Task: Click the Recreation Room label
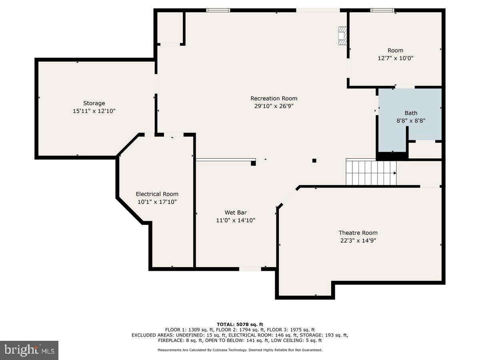pyautogui.click(x=274, y=98)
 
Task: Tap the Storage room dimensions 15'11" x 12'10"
pyautogui.click(x=94, y=111)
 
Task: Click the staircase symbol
pyautogui.click(x=371, y=173)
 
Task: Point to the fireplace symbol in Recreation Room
pyautogui.click(x=342, y=36)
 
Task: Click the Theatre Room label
pyautogui.click(x=358, y=233)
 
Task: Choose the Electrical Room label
pyautogui.click(x=157, y=194)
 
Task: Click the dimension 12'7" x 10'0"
pyautogui.click(x=395, y=58)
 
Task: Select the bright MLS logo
pyautogui.click(x=29, y=350)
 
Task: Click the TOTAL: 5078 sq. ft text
pyautogui.click(x=240, y=324)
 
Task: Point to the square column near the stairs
pyautogui.click(x=314, y=161)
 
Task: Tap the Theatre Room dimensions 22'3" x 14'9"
pyautogui.click(x=358, y=240)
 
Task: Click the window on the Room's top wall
pyautogui.click(x=382, y=10)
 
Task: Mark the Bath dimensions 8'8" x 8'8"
pyautogui.click(x=411, y=120)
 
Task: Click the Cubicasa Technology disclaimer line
pyautogui.click(x=240, y=350)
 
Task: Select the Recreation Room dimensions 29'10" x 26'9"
pyautogui.click(x=274, y=106)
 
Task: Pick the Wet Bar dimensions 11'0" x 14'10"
pyautogui.click(x=235, y=220)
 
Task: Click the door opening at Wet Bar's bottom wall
pyautogui.click(x=250, y=269)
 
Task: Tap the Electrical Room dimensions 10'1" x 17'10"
pyautogui.click(x=157, y=202)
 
